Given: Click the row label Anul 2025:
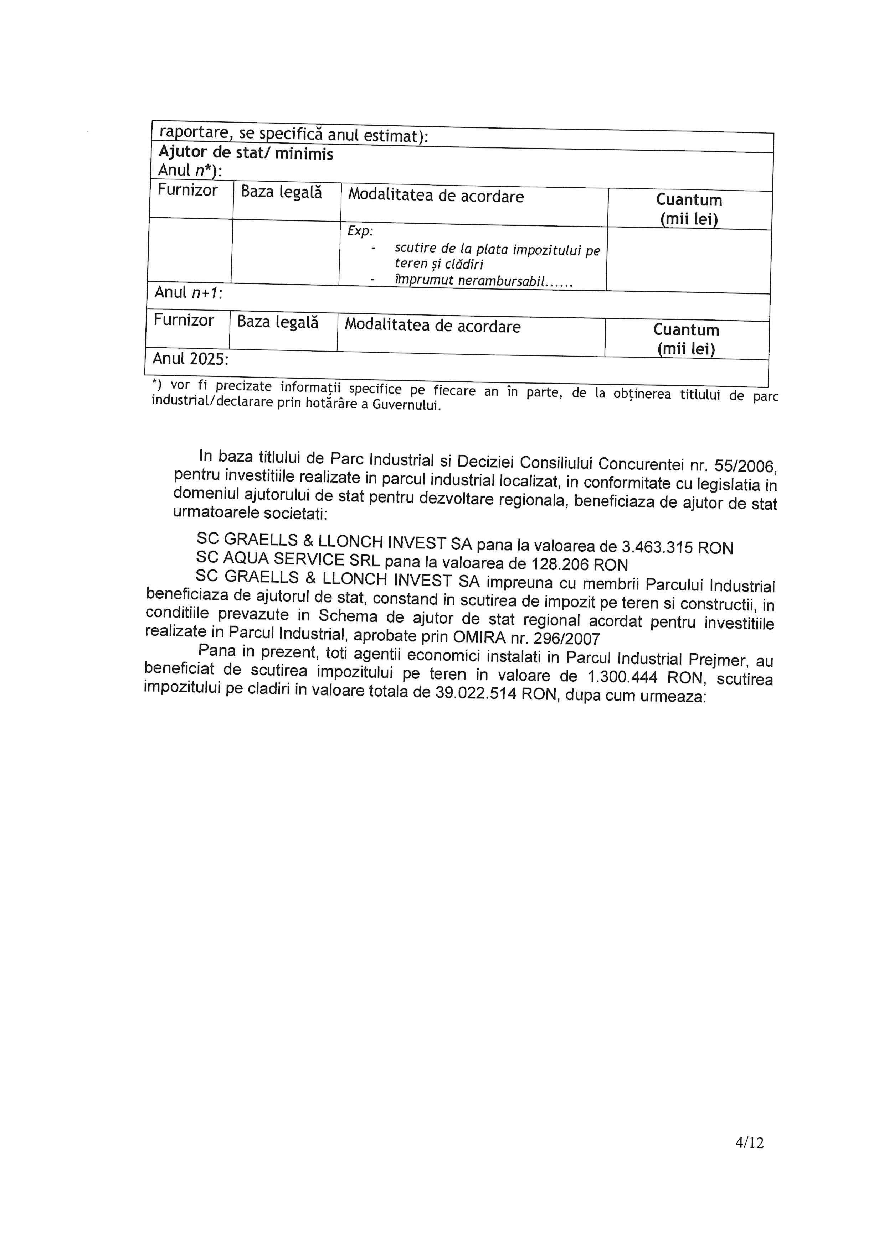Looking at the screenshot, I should coord(190,359).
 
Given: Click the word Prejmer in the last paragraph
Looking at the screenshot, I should coord(716,659).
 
